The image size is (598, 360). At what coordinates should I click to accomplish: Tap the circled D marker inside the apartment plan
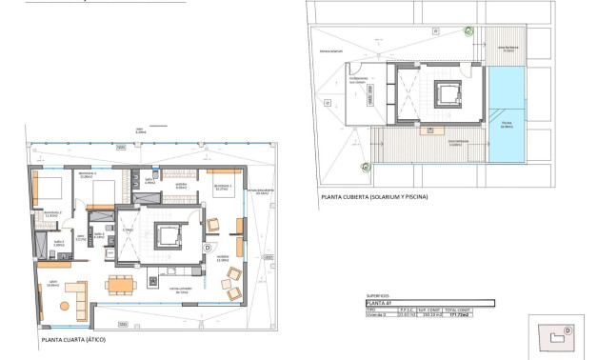[x=208, y=246]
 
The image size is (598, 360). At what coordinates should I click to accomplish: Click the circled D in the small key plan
[x=568, y=330]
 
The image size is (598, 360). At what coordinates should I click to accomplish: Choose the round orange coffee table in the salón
[x=67, y=306]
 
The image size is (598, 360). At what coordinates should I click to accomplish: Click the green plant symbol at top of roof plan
[x=468, y=30]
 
